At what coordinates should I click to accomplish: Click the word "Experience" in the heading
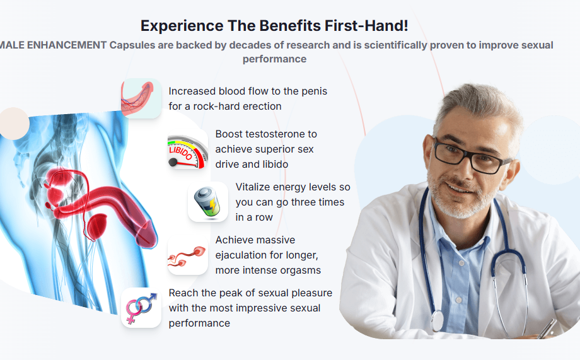[x=182, y=26]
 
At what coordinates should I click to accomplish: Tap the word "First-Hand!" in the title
[x=366, y=26]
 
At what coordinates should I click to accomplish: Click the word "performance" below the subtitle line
[x=274, y=59]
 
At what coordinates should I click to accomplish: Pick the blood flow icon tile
[x=141, y=98]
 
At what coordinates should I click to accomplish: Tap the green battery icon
[x=208, y=202]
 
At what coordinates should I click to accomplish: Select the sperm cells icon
[x=187, y=255]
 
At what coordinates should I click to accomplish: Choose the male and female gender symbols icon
[x=141, y=308]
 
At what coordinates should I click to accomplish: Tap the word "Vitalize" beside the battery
[x=253, y=187]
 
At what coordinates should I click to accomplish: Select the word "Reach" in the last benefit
[x=182, y=293]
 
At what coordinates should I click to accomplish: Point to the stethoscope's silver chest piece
[x=437, y=320]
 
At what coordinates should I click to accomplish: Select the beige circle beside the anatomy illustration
[x=14, y=124]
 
